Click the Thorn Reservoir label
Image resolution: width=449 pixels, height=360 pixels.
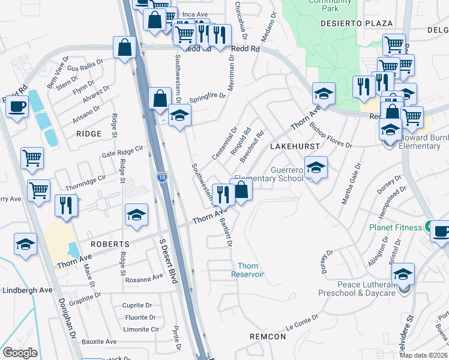tap(248, 270)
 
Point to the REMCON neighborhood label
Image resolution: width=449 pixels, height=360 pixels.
tap(268, 337)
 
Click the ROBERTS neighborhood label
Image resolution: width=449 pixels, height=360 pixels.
tap(110, 244)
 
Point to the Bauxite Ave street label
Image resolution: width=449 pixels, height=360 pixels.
tap(99, 341)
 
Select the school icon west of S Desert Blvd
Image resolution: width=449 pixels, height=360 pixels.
tap(136, 215)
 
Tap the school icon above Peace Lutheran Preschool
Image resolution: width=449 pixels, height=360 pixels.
tap(404, 274)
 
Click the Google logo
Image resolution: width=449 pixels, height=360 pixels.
tap(20, 353)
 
